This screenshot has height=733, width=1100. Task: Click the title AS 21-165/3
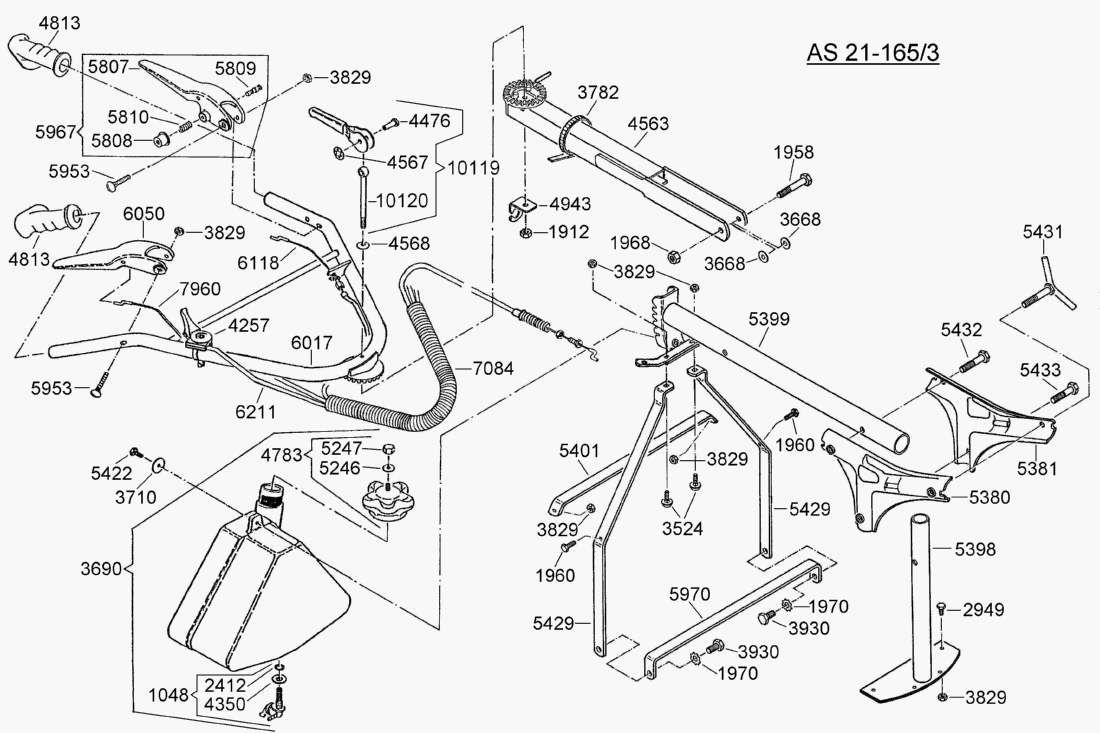873,52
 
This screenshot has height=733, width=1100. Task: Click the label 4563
650,126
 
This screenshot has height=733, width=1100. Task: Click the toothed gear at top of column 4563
524,97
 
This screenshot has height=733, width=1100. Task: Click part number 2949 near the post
984,609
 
